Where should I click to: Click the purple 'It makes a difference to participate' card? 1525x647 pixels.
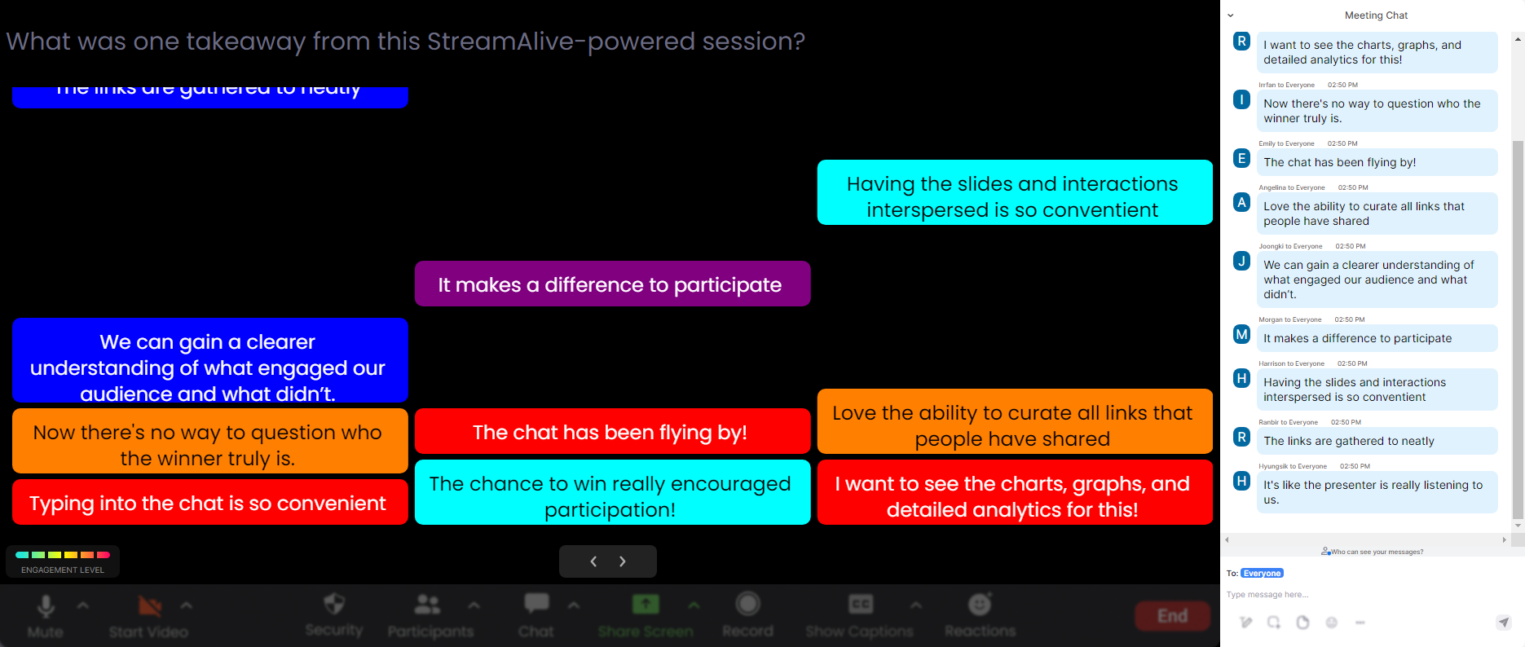click(612, 284)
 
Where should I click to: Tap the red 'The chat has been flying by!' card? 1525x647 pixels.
click(612, 432)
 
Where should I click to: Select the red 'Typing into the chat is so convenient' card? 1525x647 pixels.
click(209, 502)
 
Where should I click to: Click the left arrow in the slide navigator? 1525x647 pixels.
click(593, 561)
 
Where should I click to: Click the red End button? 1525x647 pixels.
click(1172, 616)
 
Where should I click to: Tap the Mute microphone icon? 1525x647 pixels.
click(46, 606)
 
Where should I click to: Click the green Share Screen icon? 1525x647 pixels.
click(646, 605)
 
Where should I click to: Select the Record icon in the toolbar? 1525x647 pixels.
click(747, 605)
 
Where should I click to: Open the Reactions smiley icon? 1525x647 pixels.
click(979, 605)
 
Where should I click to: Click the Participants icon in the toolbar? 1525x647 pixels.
click(428, 605)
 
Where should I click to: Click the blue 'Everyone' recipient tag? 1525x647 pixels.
click(1262, 574)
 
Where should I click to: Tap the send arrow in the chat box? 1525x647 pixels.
click(1504, 623)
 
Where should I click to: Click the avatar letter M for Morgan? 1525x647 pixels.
click(1241, 334)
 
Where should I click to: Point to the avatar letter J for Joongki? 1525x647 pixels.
click(1241, 261)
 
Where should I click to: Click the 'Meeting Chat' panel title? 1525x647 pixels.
click(1376, 15)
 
